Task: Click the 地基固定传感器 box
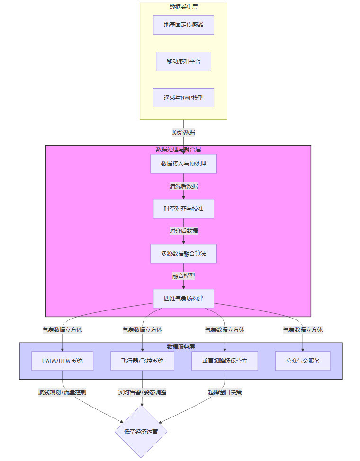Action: (x=183, y=25)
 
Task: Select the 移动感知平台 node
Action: (x=183, y=62)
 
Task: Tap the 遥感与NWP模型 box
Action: (x=183, y=98)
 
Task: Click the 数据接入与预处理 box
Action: (x=183, y=164)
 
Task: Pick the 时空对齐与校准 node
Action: (x=183, y=209)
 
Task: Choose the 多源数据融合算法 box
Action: (x=183, y=254)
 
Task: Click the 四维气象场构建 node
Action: (x=183, y=298)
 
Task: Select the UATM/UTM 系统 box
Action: (x=62, y=361)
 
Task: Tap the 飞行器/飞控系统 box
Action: (x=143, y=361)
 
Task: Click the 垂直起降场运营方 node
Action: (x=225, y=361)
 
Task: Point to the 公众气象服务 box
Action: (x=303, y=361)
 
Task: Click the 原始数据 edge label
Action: (x=183, y=132)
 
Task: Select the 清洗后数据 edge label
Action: (x=183, y=186)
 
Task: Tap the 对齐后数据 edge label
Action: (x=183, y=231)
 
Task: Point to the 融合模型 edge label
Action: (x=183, y=276)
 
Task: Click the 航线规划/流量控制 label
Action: (x=62, y=392)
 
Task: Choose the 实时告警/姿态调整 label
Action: (x=143, y=392)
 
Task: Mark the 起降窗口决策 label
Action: (x=225, y=392)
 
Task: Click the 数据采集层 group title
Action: (x=183, y=7)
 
